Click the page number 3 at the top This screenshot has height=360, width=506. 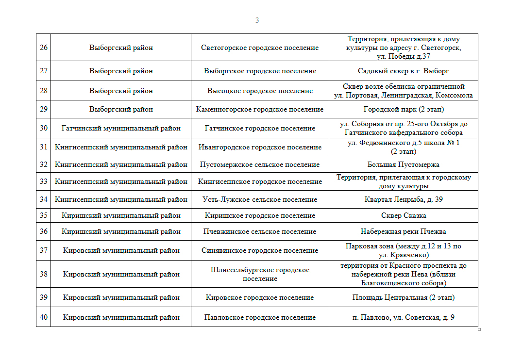257,20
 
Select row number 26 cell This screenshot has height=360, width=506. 44,48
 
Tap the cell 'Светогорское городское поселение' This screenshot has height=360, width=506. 260,48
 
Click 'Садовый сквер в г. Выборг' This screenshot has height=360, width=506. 404,71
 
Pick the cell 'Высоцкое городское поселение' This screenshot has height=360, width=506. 260,91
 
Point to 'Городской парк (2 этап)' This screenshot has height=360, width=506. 404,109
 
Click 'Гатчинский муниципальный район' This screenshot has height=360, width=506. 121,128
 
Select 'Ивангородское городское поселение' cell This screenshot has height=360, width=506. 260,147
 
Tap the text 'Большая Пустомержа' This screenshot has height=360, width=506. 404,164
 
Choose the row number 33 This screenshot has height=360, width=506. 44,181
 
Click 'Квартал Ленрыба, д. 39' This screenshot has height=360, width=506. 404,199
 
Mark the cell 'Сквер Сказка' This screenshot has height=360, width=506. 404,215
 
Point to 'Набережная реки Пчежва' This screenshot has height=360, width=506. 404,231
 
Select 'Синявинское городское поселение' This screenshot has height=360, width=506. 260,250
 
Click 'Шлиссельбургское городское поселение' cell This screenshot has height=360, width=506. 260,274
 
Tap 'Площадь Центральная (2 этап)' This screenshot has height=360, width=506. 404,297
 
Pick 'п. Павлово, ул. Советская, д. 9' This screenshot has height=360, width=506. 404,317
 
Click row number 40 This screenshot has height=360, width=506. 44,317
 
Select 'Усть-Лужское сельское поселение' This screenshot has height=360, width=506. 260,199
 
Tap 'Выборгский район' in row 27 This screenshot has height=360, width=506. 121,71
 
